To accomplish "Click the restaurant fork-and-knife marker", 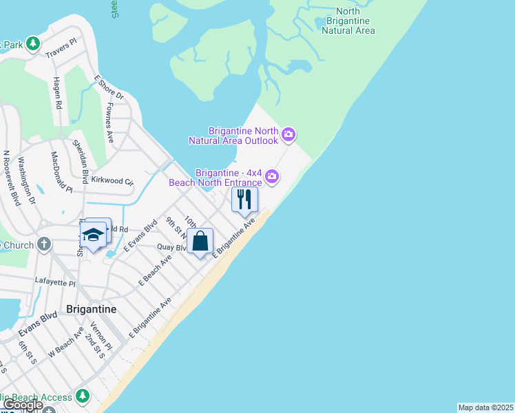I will pos(244,200).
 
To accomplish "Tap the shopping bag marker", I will pos(200,242).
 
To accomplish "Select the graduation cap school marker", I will pos(93,236).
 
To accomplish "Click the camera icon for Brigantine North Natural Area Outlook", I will pos(288,134).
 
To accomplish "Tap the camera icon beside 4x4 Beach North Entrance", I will pos(273,177).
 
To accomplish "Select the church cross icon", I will pos(44,244).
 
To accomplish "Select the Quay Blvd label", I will pos(172,247).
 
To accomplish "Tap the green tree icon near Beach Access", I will pos(83,396).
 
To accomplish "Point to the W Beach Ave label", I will pos(67,343).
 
